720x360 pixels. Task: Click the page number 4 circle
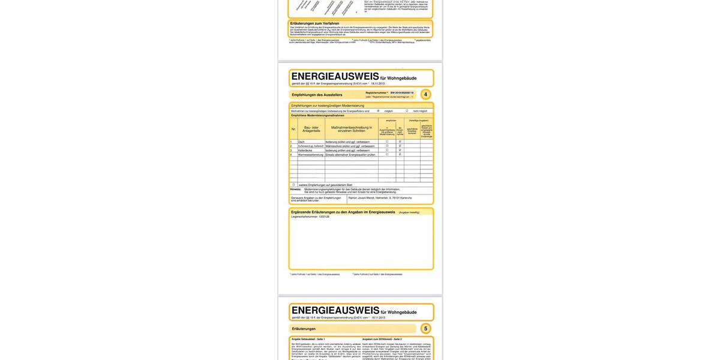coord(425,94)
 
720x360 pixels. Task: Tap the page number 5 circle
coord(425,328)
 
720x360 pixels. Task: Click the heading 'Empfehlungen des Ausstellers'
coord(317,95)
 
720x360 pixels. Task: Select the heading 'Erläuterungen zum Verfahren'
coord(314,23)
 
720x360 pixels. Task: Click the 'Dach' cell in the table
coord(301,142)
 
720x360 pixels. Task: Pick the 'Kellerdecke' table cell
coord(305,150)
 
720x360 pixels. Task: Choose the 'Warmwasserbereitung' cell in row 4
coord(310,154)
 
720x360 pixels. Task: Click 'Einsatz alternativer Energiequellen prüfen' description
coord(350,154)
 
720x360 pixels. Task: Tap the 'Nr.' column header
coord(293,129)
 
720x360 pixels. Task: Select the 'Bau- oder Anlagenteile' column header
coord(311,129)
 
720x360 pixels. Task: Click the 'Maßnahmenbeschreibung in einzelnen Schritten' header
coord(352,129)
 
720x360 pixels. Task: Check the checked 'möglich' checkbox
coord(378,111)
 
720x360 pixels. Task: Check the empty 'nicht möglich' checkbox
coord(407,111)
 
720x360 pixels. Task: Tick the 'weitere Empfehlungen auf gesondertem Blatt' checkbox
coord(293,184)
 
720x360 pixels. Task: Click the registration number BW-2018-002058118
coord(402,93)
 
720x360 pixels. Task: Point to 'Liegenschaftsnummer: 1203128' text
coord(310,217)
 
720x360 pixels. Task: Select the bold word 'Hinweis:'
coord(295,189)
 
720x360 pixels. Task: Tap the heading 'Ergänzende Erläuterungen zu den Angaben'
coord(343,212)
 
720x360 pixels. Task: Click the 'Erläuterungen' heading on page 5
coord(304,329)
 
